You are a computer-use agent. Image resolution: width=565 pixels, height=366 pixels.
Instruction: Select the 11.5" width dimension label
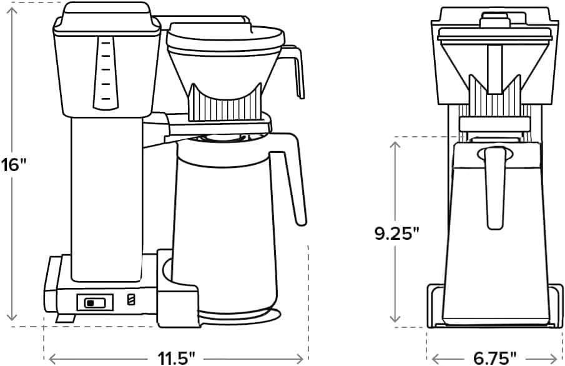tap(176, 358)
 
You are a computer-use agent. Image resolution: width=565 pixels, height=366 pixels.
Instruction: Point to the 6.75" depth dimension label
tap(494, 358)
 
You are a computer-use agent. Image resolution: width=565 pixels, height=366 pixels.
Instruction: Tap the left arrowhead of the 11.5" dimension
tap(52, 359)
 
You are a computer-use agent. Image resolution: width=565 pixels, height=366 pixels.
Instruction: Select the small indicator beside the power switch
tap(130, 300)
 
